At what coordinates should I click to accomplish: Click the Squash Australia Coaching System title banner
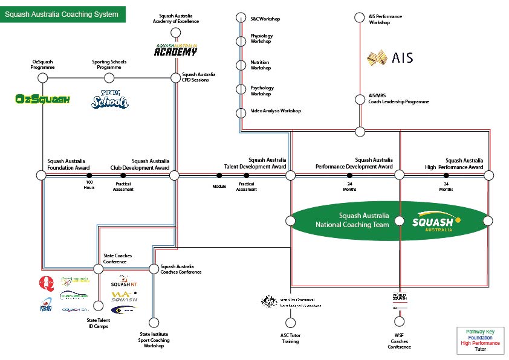coord(63,14)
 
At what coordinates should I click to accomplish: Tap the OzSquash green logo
coord(43,99)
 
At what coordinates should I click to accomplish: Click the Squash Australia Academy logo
coord(175,50)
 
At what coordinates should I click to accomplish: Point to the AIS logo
coord(391,58)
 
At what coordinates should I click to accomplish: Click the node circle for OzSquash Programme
coord(43,78)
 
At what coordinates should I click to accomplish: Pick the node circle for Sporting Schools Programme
coord(109,78)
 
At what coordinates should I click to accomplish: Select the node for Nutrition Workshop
coord(240,65)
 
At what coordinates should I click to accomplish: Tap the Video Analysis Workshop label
coord(276,111)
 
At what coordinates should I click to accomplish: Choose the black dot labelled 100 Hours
coord(89,175)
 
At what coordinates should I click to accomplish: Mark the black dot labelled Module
coord(219,175)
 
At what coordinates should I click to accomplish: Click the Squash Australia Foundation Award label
coord(68,164)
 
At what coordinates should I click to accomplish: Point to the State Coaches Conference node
coord(98,269)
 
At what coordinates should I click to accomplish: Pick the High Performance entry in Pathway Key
coord(480,343)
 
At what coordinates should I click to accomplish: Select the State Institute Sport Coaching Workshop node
coord(154,323)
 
